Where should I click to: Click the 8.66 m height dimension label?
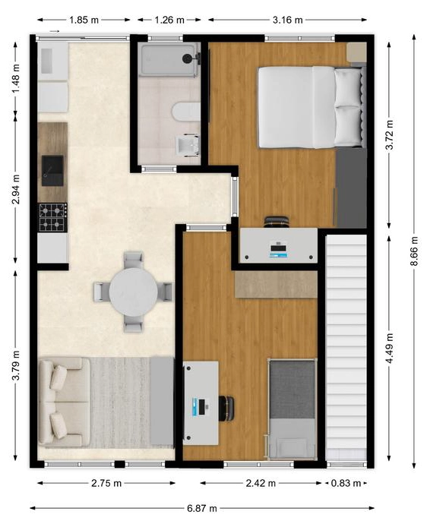(x=414, y=251)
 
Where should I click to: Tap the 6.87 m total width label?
(x=201, y=508)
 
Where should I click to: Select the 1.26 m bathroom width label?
(x=169, y=20)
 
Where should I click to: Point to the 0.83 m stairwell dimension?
(x=346, y=483)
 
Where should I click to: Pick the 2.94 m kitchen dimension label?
(x=15, y=189)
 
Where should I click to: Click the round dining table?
(x=134, y=292)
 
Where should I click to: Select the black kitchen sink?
(x=52, y=170)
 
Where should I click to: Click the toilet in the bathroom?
(x=186, y=112)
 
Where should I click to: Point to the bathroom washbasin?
(x=187, y=145)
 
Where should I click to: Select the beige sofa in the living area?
(x=64, y=402)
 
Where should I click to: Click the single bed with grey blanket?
(x=292, y=409)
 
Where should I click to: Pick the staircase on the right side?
(x=346, y=347)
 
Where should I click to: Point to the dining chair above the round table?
(x=134, y=260)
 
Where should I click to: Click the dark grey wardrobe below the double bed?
(x=351, y=188)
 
